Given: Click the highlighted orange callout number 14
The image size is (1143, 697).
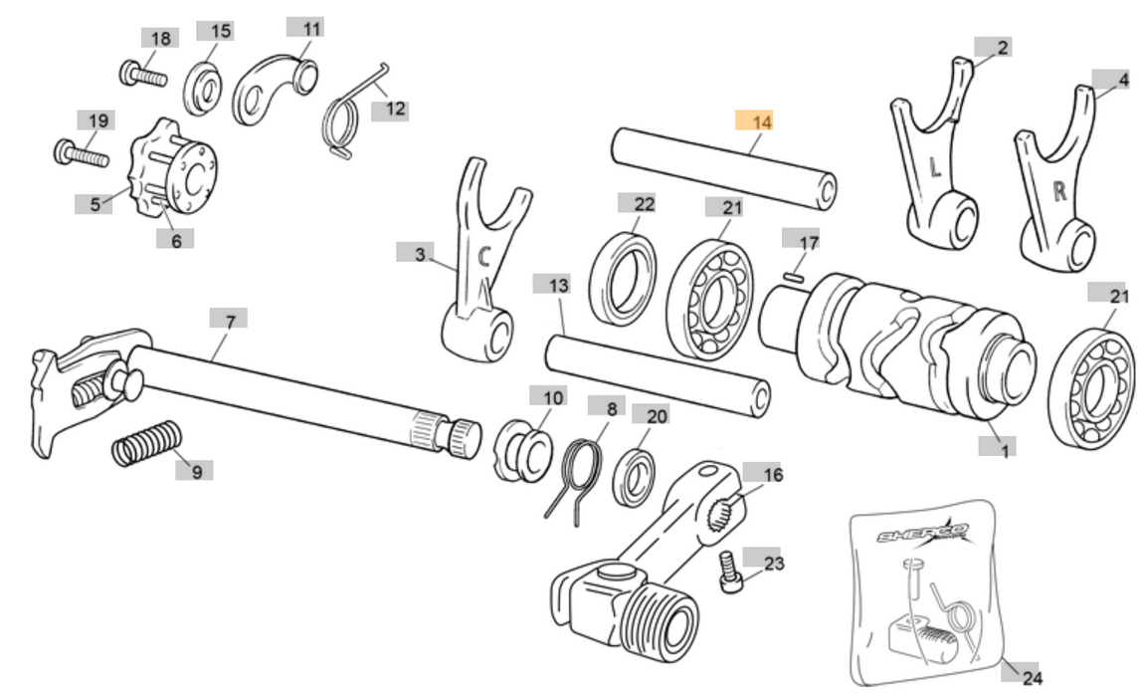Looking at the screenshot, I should point(762,121).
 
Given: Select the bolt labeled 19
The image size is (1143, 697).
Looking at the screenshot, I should point(81,155).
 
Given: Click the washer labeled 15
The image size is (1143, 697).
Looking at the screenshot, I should point(205,88).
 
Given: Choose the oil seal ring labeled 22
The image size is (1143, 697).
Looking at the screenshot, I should point(623,276).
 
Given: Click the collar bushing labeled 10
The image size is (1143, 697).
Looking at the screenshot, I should point(523,448).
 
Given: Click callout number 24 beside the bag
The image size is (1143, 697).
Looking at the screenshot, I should point(1032,678).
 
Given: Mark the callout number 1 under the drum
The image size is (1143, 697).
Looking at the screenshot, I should point(1005,451).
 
